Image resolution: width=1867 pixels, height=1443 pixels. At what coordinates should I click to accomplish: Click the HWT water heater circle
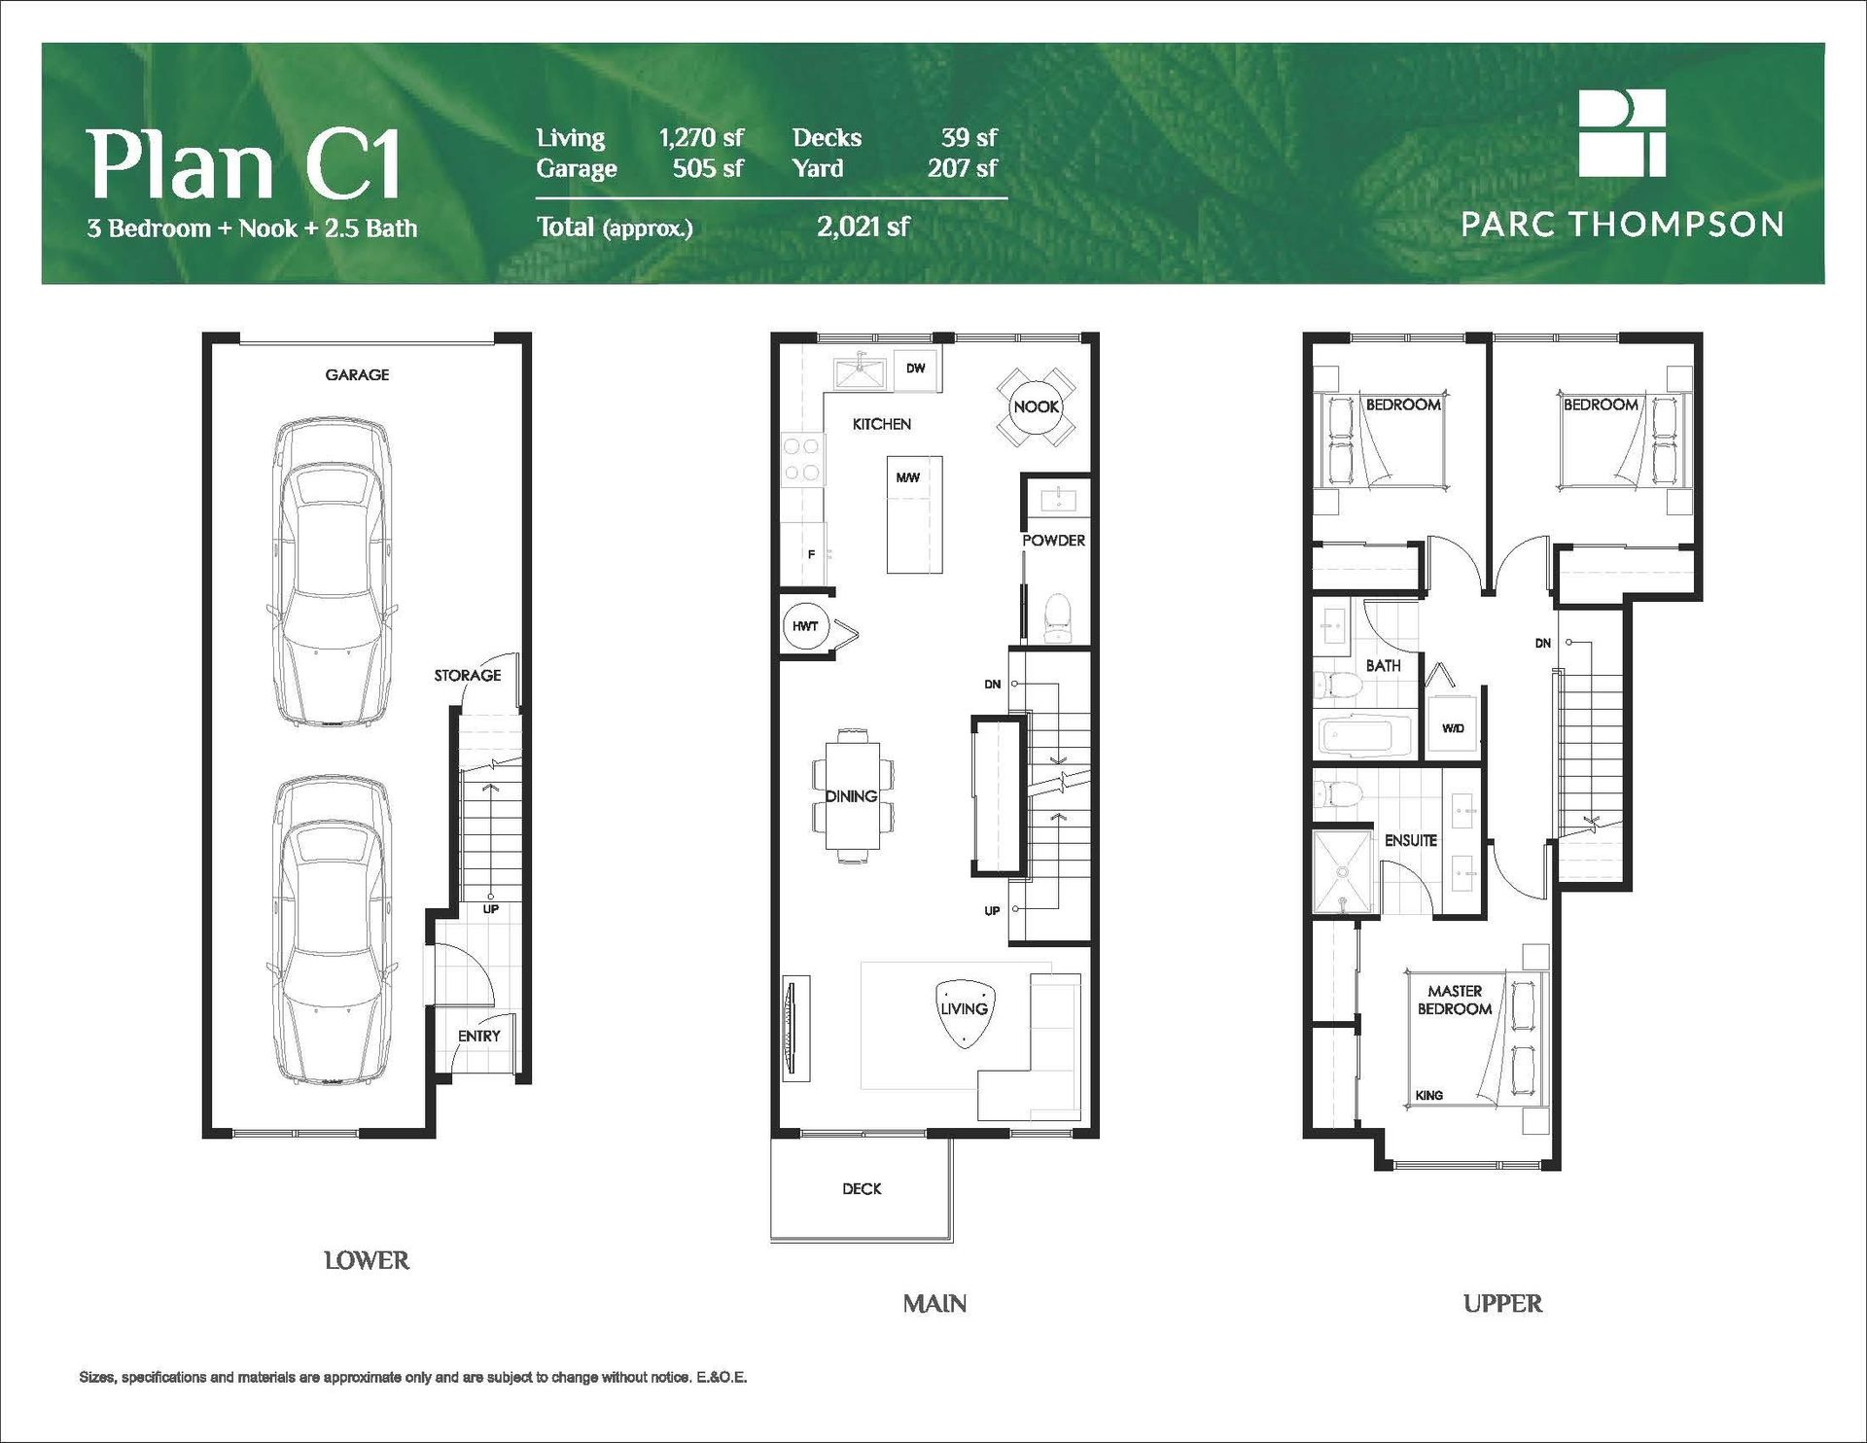(x=804, y=626)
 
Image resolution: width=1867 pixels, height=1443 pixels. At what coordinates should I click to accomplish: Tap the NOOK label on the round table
(x=1036, y=406)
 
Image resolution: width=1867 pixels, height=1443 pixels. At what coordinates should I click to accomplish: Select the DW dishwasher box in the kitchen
(x=915, y=370)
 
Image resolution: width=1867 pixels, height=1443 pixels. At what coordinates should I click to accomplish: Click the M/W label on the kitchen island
(x=908, y=477)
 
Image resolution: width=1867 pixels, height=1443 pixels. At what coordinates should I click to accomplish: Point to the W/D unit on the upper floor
(x=1453, y=727)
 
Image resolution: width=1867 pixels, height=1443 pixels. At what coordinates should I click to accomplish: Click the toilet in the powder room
(x=1055, y=618)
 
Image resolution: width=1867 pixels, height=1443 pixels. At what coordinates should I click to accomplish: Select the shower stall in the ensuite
(x=1343, y=872)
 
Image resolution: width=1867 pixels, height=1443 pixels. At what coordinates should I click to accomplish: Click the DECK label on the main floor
(x=862, y=1188)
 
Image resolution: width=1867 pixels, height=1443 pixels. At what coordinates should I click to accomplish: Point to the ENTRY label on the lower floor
(x=479, y=1036)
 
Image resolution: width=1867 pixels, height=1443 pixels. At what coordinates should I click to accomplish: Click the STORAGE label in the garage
(x=468, y=675)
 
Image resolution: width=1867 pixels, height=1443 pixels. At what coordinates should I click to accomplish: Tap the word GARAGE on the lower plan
(x=357, y=374)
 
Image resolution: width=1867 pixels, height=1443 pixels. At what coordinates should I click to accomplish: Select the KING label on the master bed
(x=1429, y=1095)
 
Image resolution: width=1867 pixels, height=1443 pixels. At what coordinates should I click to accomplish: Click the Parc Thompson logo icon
(x=1622, y=133)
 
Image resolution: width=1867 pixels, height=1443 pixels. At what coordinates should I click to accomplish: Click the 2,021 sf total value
(x=863, y=227)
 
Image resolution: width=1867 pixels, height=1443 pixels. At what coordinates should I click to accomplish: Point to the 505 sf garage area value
(x=708, y=168)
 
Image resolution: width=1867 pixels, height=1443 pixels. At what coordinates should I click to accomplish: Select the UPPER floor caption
(x=1502, y=1303)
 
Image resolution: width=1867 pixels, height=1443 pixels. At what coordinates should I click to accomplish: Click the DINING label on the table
(x=852, y=795)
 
